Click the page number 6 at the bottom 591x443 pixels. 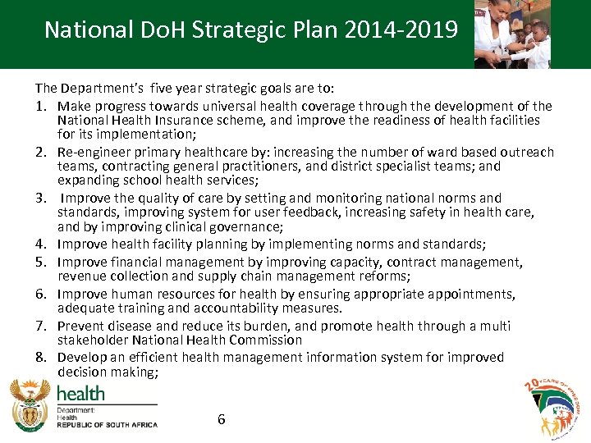[221, 419]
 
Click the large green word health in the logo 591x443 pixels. [80, 393]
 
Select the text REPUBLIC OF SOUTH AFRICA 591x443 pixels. [107, 425]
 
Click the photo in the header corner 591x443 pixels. [512, 34]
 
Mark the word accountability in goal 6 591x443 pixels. [250, 308]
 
